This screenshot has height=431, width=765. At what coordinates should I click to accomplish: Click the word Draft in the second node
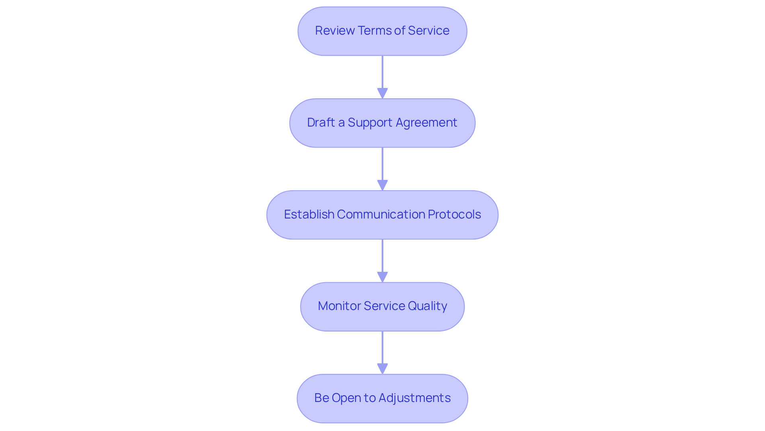point(321,123)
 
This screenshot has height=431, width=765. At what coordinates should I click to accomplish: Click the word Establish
point(309,215)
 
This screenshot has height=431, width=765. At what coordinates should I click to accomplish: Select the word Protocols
point(454,215)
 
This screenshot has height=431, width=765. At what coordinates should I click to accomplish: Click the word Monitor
point(339,306)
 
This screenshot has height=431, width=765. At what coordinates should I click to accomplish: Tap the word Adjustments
point(414,398)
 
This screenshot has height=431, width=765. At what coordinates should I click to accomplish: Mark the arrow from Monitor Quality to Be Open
point(382,348)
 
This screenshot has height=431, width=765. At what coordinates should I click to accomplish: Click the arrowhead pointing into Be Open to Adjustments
point(382,369)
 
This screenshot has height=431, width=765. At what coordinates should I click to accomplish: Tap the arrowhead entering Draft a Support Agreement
point(382,94)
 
